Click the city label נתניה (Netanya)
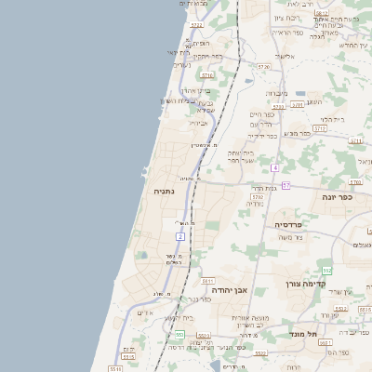click(166, 191)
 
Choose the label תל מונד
click(303, 333)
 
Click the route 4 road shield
click(275, 167)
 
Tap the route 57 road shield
click(286, 185)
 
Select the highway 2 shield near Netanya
click(180, 236)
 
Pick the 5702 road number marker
click(258, 197)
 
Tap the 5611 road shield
click(207, 280)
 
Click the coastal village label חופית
click(201, 43)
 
